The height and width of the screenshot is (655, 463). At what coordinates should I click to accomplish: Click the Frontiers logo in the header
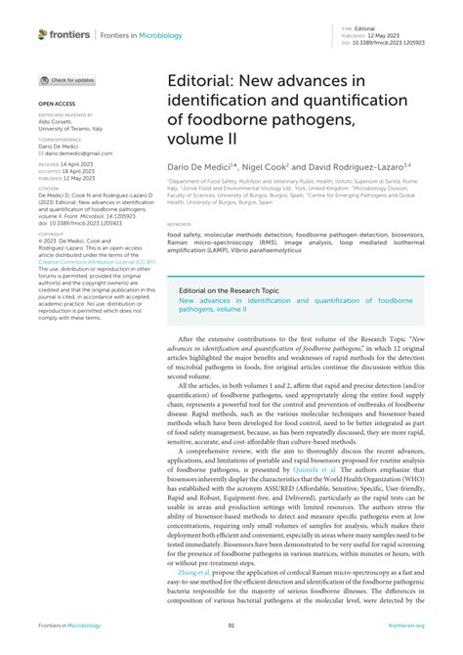(x=64, y=35)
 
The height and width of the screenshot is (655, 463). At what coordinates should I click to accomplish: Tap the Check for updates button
(x=67, y=80)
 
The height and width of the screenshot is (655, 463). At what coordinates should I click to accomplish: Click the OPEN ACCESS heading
(x=56, y=102)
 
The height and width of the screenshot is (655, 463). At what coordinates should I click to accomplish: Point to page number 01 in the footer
(x=231, y=627)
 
